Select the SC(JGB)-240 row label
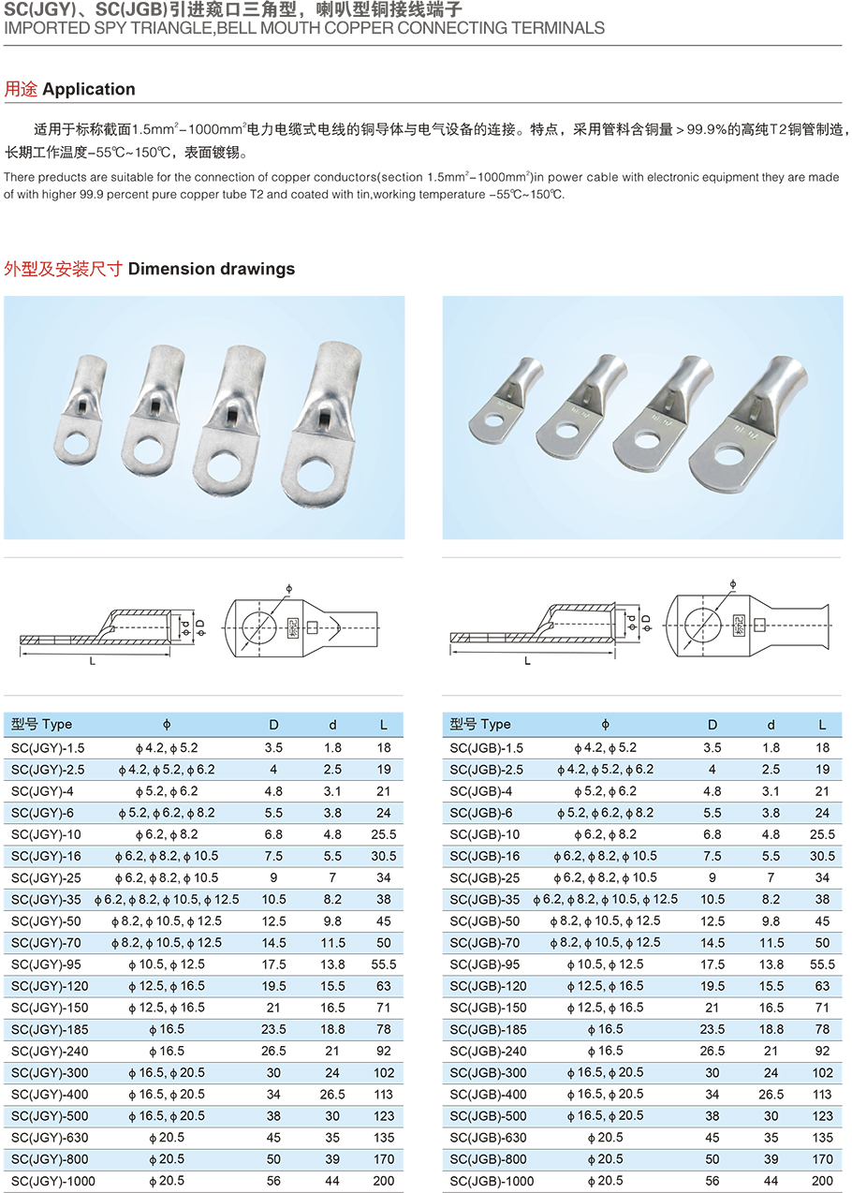[x=486, y=1051]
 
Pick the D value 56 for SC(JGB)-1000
[x=712, y=1181]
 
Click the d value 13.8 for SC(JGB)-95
[x=771, y=964]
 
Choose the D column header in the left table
[x=274, y=724]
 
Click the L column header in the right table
[x=822, y=724]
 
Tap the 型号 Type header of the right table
[x=480, y=724]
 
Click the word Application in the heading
[x=89, y=89]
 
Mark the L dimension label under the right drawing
[x=528, y=661]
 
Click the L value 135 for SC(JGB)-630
[x=822, y=1138]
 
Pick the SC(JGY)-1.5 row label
[x=48, y=747]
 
